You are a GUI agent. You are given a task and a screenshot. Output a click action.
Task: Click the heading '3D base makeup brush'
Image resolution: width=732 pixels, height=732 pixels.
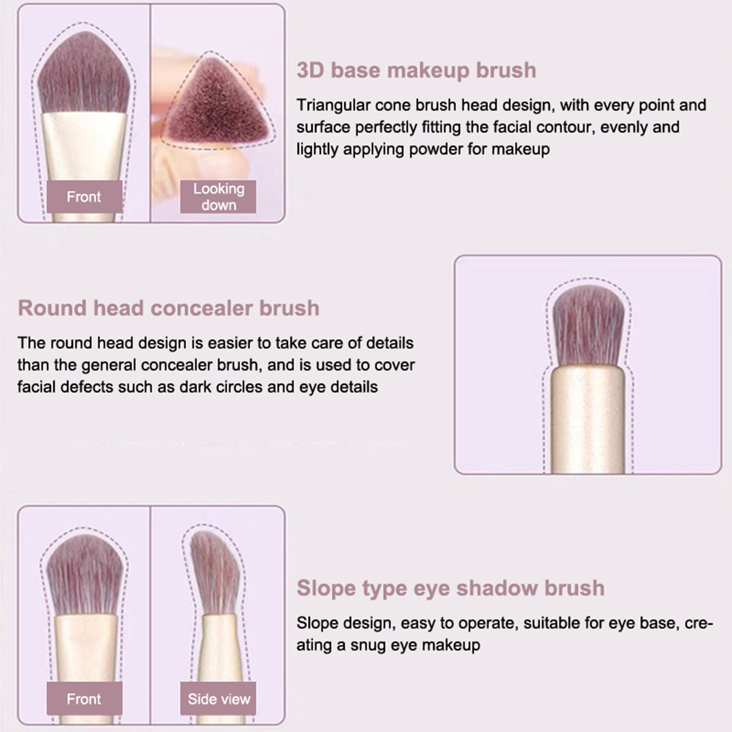(416, 70)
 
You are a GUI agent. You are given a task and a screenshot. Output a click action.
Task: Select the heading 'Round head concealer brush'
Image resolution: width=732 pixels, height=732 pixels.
(168, 308)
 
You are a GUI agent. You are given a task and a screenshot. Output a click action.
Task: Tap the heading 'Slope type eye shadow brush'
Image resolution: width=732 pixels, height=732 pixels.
(451, 588)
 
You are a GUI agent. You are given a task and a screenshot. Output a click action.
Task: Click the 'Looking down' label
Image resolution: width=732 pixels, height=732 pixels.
(218, 197)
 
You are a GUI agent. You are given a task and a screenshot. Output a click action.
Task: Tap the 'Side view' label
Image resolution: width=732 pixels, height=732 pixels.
(218, 699)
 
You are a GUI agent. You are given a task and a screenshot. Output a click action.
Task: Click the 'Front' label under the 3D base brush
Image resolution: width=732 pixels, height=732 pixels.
(84, 197)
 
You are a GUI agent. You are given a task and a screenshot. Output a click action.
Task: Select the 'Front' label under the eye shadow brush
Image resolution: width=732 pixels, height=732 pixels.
(84, 699)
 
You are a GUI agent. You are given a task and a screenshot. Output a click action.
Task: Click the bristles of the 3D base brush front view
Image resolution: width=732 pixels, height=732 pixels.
(84, 73)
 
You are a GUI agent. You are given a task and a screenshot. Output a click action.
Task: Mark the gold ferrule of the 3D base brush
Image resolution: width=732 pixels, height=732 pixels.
(84, 146)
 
